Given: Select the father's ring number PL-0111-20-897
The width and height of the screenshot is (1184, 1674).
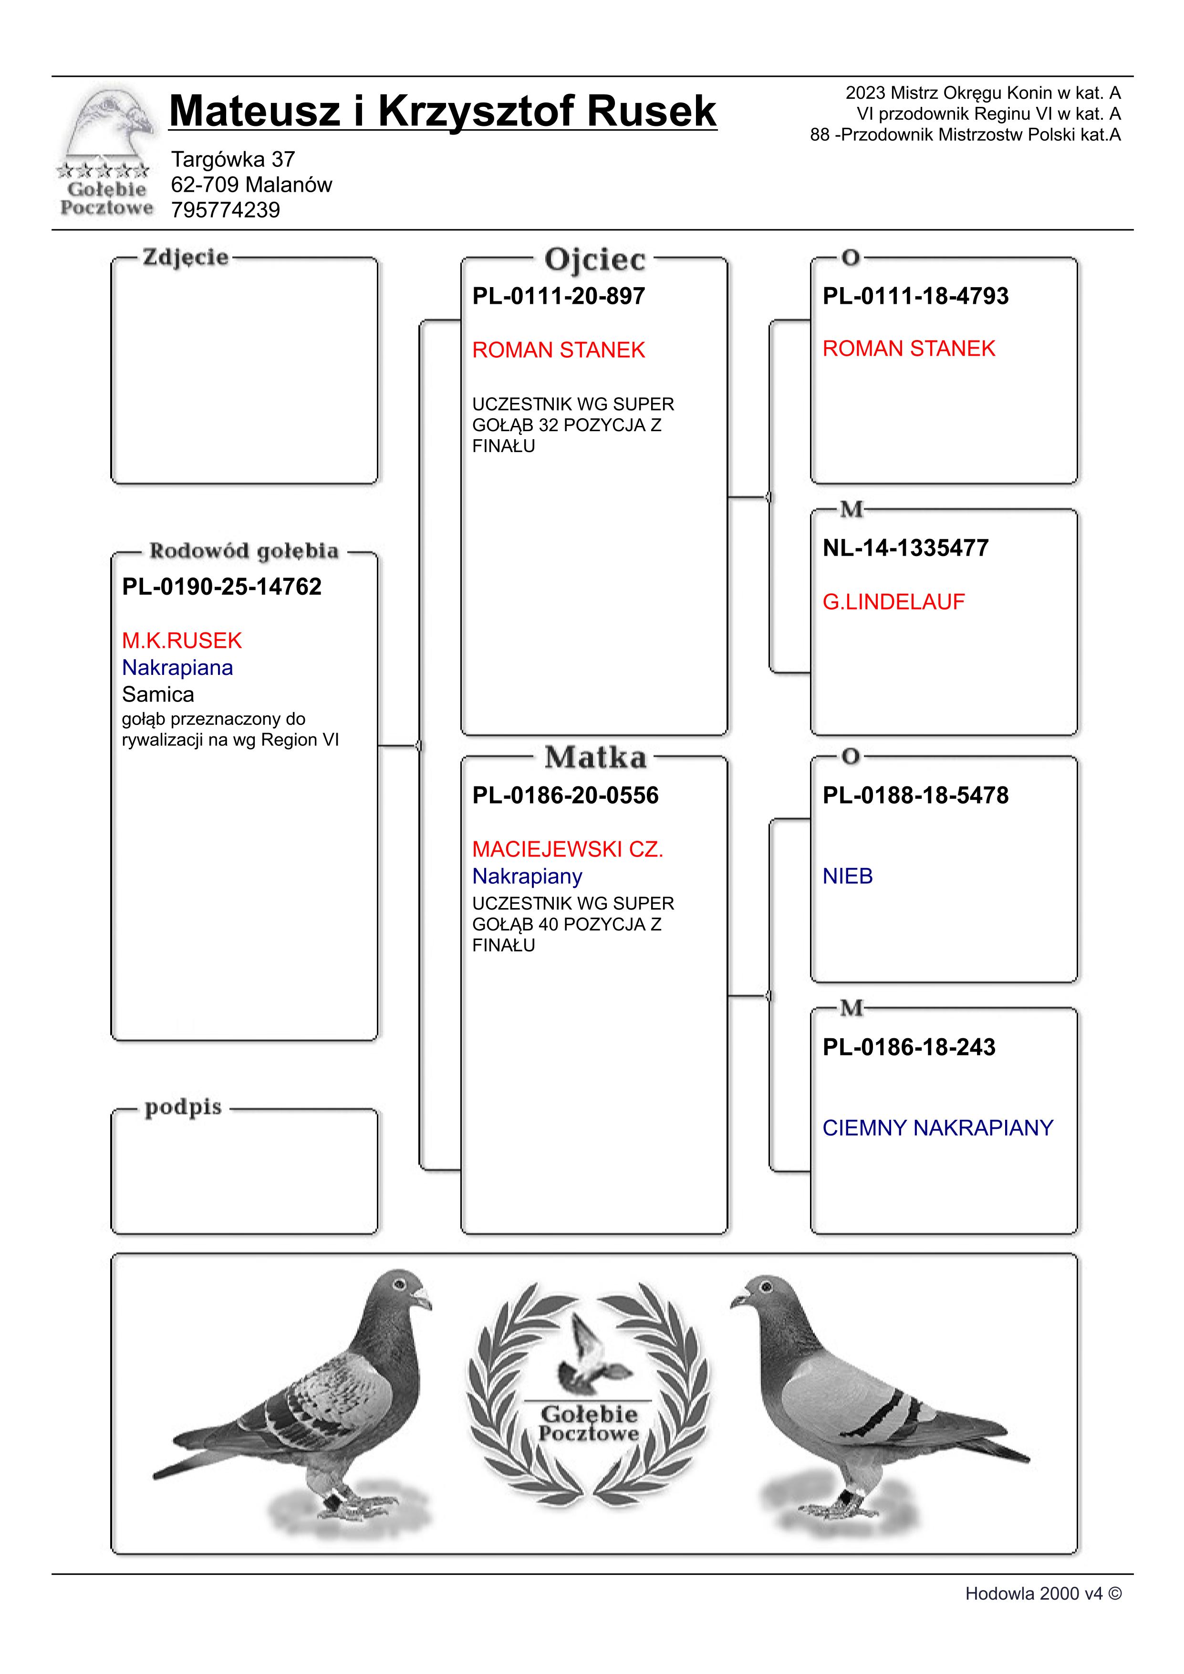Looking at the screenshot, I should pos(559,296).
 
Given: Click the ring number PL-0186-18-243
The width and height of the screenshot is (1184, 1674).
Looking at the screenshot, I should pos(908,1047).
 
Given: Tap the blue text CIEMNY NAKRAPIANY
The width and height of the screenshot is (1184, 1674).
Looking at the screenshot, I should pos(937,1128).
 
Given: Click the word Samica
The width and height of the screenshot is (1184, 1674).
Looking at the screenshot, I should pos(157,694).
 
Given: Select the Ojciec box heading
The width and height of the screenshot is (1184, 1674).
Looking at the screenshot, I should pos(595,259).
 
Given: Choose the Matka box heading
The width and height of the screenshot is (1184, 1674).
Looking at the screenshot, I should pos(595,757).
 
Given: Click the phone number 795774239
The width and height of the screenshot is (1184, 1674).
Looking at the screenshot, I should pos(225,210).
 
